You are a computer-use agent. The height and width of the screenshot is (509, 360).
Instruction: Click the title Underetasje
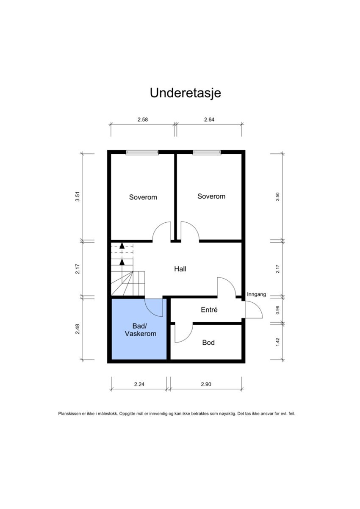(x=185, y=93)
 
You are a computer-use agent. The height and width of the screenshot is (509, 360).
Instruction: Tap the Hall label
(x=180, y=268)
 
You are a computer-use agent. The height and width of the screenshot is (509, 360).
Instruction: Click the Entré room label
(x=209, y=310)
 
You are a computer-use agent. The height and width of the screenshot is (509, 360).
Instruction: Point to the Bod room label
(x=208, y=342)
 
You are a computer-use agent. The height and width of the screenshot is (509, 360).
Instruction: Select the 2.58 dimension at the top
(x=142, y=119)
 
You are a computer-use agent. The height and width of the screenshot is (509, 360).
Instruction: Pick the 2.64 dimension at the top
(x=209, y=119)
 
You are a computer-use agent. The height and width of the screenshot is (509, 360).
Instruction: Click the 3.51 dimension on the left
(x=78, y=198)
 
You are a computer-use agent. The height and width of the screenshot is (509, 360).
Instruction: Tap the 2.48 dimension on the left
(x=78, y=329)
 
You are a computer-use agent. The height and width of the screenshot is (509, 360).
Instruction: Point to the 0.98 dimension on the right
(x=277, y=310)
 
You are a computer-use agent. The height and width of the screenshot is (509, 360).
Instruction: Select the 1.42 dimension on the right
(x=277, y=342)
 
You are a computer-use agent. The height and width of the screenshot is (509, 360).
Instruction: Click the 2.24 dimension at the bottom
(x=139, y=384)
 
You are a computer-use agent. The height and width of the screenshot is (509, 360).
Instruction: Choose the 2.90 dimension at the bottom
(x=206, y=384)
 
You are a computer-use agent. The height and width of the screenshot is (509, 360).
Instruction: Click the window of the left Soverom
(x=142, y=152)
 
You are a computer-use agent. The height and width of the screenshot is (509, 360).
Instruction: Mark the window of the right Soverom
(x=207, y=152)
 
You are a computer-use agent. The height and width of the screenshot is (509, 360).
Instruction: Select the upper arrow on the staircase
(x=122, y=245)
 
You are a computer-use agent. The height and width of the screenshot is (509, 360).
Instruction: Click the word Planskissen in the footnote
(x=68, y=413)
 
